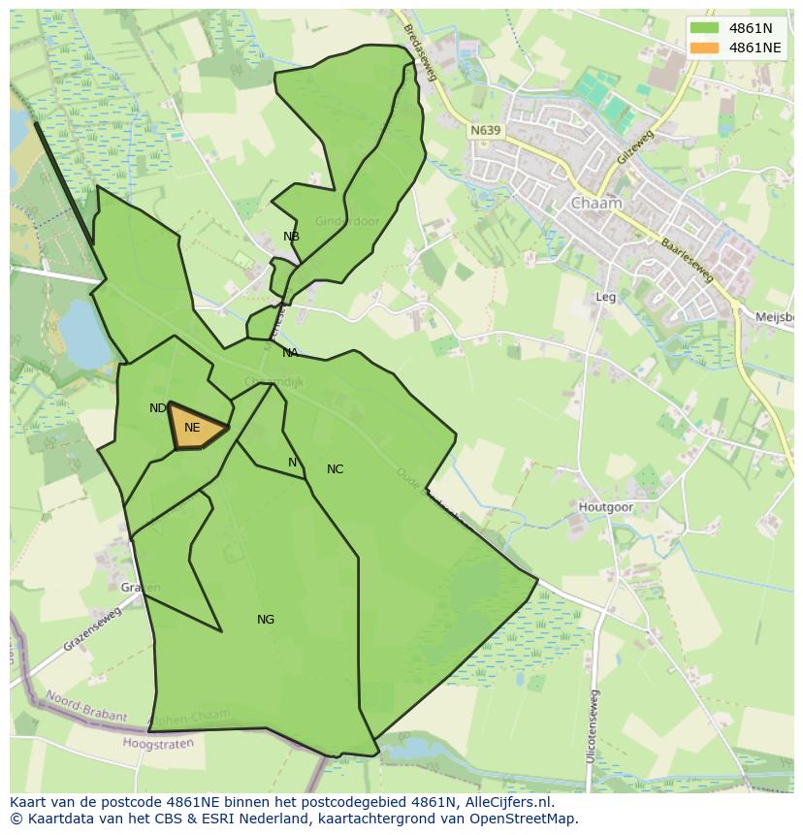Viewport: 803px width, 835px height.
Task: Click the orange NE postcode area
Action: (x=197, y=428)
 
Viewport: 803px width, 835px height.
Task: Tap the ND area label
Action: (x=157, y=408)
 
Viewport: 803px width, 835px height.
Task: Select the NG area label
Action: (x=266, y=620)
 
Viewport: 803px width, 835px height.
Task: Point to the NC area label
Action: (x=335, y=469)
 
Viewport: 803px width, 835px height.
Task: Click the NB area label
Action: (x=291, y=237)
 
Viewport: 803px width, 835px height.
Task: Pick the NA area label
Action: (x=290, y=353)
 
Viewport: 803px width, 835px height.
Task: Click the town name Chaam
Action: (x=596, y=204)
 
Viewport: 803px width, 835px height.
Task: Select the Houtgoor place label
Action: (x=605, y=507)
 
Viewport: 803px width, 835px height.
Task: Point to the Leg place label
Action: (x=606, y=298)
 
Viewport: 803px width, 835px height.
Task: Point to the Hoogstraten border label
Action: (x=158, y=744)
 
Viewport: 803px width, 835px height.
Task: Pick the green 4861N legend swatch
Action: (x=706, y=28)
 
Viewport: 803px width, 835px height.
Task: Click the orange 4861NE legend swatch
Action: (x=706, y=48)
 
